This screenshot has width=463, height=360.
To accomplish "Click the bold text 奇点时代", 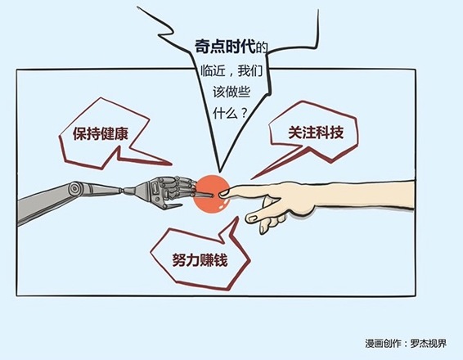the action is pos(225,47).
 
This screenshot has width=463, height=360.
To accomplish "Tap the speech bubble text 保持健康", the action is pos(101,134).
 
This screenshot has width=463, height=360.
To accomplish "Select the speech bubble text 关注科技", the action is pos(316,132).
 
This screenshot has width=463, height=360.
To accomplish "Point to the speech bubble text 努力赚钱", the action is pos(200,260).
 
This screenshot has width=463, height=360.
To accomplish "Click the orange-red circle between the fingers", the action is pos(211,193).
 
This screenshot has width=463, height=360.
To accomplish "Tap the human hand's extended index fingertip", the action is pos(222,194).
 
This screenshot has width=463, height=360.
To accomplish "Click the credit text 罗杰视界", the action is pos(429,344).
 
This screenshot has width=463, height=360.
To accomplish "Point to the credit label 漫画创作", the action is pos(383,344).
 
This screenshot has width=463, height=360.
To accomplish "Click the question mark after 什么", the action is pos(244,113).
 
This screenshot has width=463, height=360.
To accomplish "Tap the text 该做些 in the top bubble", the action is pos(231,92).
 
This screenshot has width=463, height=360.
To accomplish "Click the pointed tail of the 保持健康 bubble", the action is pos(170,163).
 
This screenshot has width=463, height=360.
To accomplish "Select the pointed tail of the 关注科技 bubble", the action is pos(253,178).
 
